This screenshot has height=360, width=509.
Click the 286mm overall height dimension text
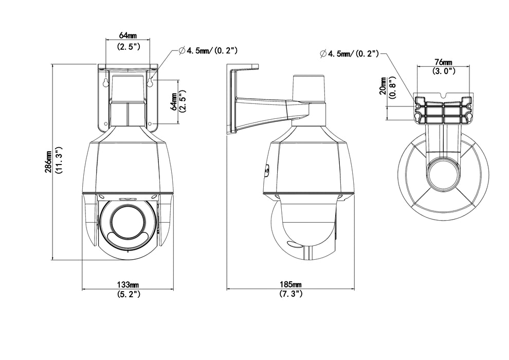[48, 162]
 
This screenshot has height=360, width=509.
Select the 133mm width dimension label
[128, 284]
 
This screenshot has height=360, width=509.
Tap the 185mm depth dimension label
[290, 284]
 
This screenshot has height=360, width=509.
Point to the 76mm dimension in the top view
[442, 63]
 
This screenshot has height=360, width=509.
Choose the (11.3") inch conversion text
[59, 162]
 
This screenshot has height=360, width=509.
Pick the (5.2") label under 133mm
[128, 294]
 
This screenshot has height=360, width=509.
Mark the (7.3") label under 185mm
[290, 294]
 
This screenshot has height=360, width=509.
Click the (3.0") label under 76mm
[442, 72]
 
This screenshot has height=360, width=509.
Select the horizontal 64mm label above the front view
[128, 35]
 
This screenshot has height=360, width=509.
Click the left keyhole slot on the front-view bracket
[104, 82]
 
